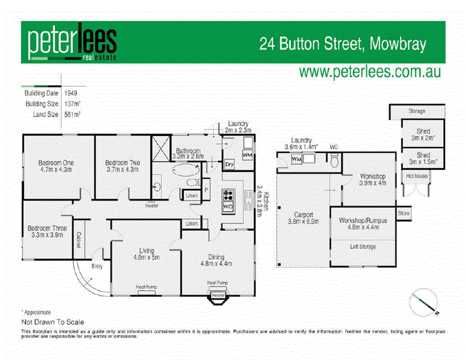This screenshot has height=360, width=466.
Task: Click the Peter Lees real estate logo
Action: point(72,42)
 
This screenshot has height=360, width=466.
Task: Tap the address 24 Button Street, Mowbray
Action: point(343,43)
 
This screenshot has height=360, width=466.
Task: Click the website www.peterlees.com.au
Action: point(370,71)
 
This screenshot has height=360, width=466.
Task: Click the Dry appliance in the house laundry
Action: point(229,165)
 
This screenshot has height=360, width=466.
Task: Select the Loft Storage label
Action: point(363,247)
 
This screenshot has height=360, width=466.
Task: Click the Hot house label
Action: point(417,176)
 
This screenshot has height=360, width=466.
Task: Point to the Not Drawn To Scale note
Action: point(53,321)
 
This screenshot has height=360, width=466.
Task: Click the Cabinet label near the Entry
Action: point(78,240)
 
